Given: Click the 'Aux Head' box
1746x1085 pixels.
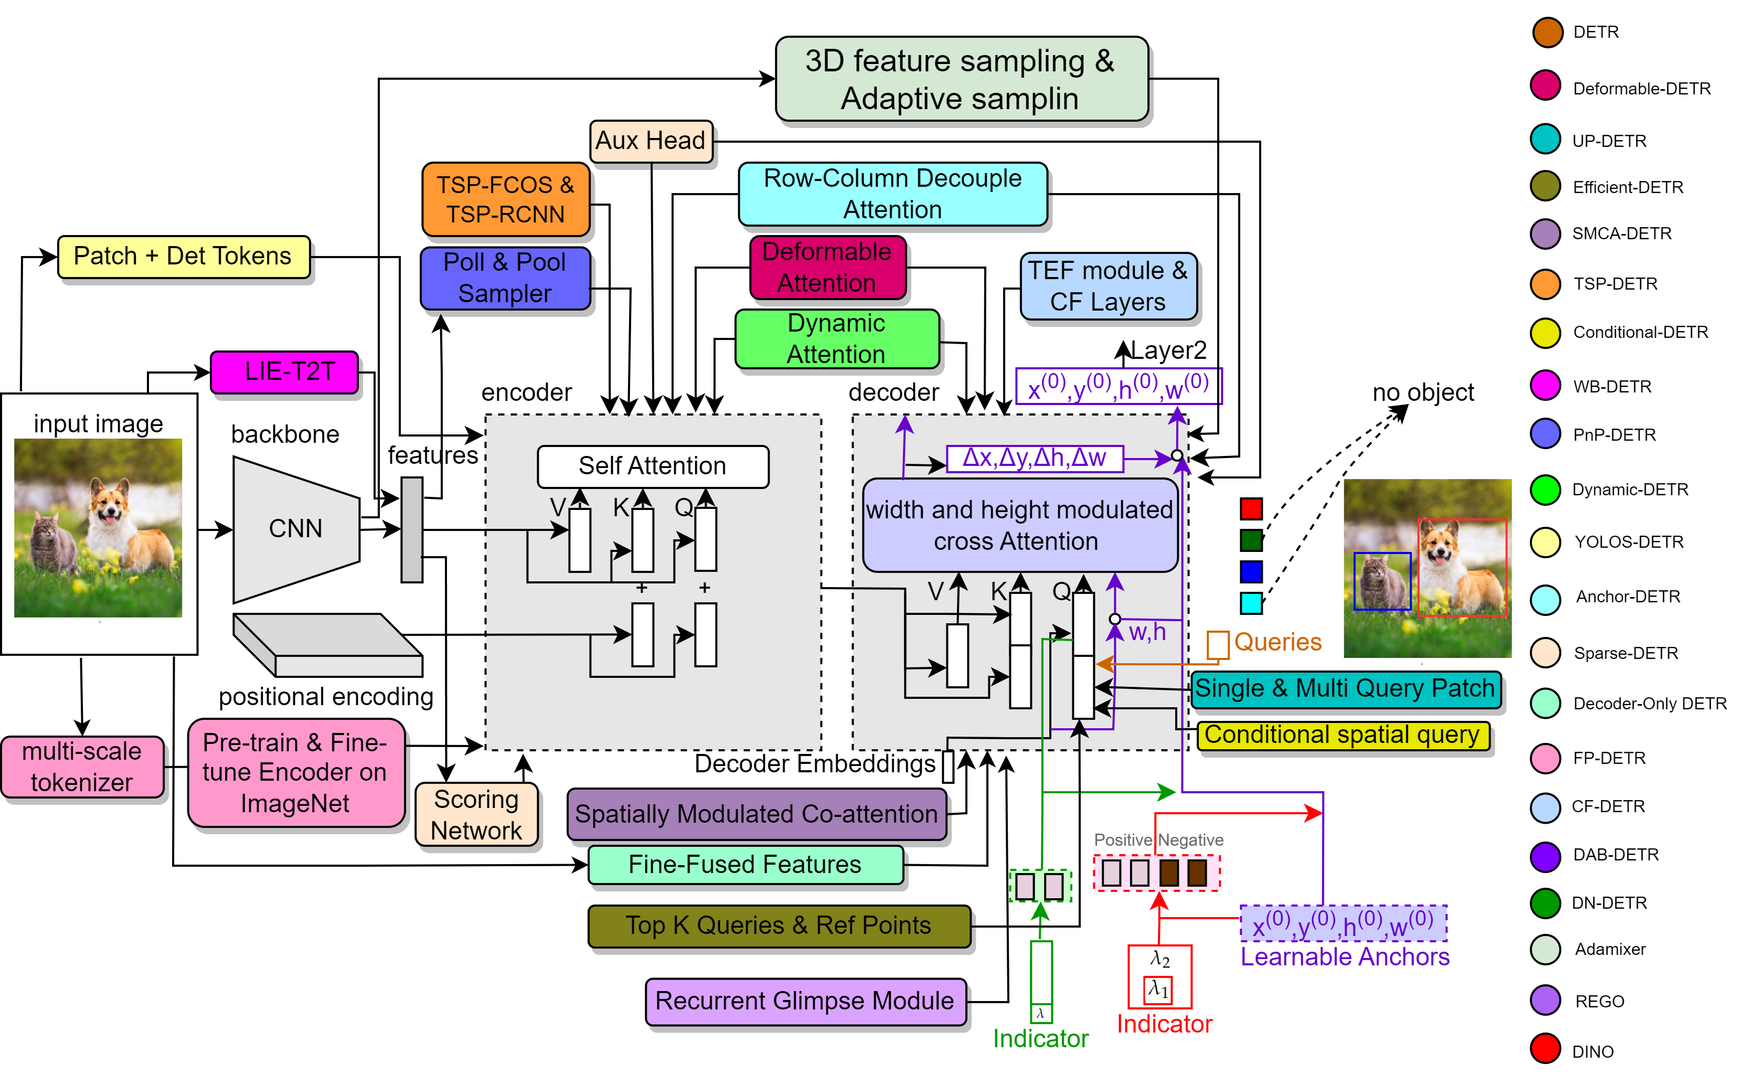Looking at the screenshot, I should click(650, 141).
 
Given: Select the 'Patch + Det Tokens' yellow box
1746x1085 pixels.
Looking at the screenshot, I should click(184, 256).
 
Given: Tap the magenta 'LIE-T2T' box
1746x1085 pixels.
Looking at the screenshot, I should click(285, 371).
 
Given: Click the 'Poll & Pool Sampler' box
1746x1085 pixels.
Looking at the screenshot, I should click(505, 279).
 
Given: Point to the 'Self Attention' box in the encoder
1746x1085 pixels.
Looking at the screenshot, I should click(652, 466).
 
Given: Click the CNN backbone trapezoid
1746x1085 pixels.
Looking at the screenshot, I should click(295, 529).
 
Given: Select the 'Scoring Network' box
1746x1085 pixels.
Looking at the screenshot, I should click(476, 814).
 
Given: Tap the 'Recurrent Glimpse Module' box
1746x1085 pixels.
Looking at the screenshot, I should click(805, 1001).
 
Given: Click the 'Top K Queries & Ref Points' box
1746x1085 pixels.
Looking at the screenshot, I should click(779, 926).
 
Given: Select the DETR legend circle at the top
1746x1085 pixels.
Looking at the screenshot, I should click(1547, 33).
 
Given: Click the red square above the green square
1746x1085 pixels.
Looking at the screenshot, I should click(1251, 509).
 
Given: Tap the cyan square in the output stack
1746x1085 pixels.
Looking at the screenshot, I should click(1251, 603).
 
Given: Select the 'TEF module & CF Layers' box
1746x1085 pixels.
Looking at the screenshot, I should click(1108, 286).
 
